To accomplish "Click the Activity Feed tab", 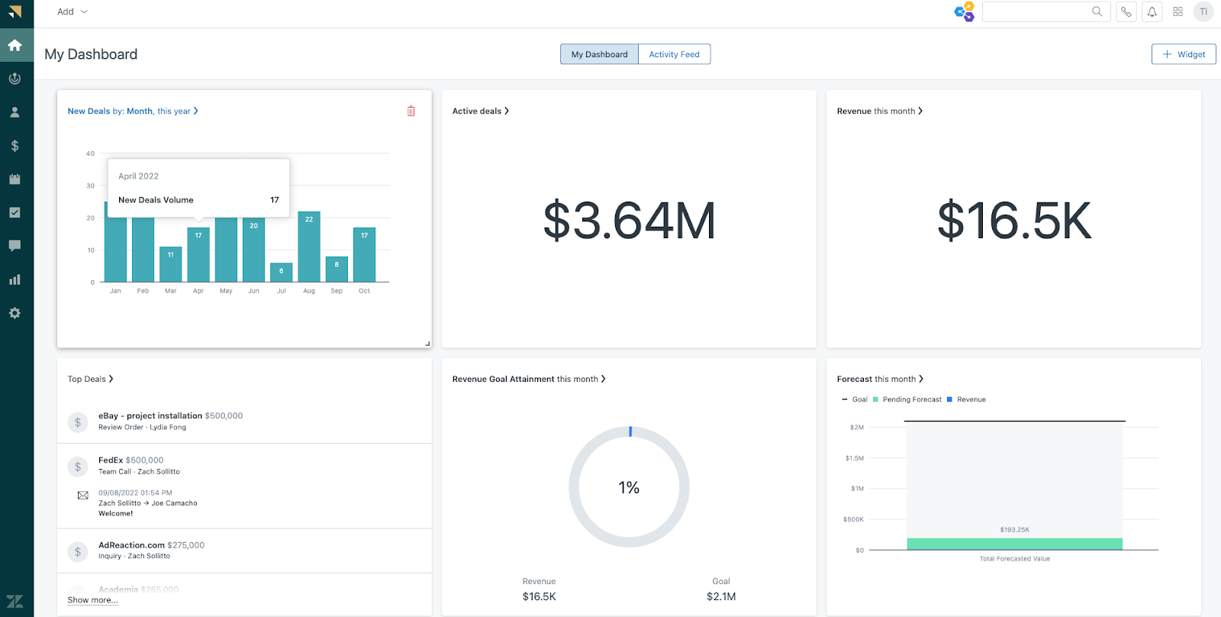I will pyautogui.click(x=674, y=54).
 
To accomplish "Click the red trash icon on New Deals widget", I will pyautogui.click(x=411, y=111).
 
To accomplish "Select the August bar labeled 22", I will pyautogui.click(x=309, y=247).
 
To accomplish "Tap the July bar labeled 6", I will pyautogui.click(x=282, y=273).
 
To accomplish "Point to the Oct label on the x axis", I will pyautogui.click(x=364, y=291).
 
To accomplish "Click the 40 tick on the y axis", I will pyautogui.click(x=90, y=153).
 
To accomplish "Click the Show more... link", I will pyautogui.click(x=92, y=600).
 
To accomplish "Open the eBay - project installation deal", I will pyautogui.click(x=150, y=416).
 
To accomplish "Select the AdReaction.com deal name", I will pyautogui.click(x=131, y=545).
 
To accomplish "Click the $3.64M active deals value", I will pyautogui.click(x=629, y=221).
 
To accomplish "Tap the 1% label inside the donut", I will pyautogui.click(x=629, y=488).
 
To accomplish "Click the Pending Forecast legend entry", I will pyautogui.click(x=911, y=399).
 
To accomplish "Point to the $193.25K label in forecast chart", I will pyautogui.click(x=1014, y=529).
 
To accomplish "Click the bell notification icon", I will pyautogui.click(x=1152, y=11).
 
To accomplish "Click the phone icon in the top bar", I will pyautogui.click(x=1126, y=11).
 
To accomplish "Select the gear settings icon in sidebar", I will pyautogui.click(x=14, y=313).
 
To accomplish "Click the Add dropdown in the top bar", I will pyautogui.click(x=72, y=11).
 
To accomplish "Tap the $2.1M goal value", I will pyautogui.click(x=720, y=596).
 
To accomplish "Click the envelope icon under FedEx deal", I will pyautogui.click(x=83, y=496).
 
